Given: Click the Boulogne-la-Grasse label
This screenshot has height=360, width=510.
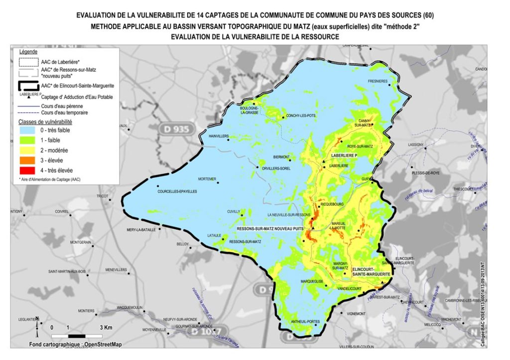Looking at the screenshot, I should (249, 110).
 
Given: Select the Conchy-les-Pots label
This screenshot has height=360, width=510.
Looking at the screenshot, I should (301, 117).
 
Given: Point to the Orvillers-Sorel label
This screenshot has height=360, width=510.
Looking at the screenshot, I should (276, 168).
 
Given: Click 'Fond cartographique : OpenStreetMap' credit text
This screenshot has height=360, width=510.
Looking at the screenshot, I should (75, 345).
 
